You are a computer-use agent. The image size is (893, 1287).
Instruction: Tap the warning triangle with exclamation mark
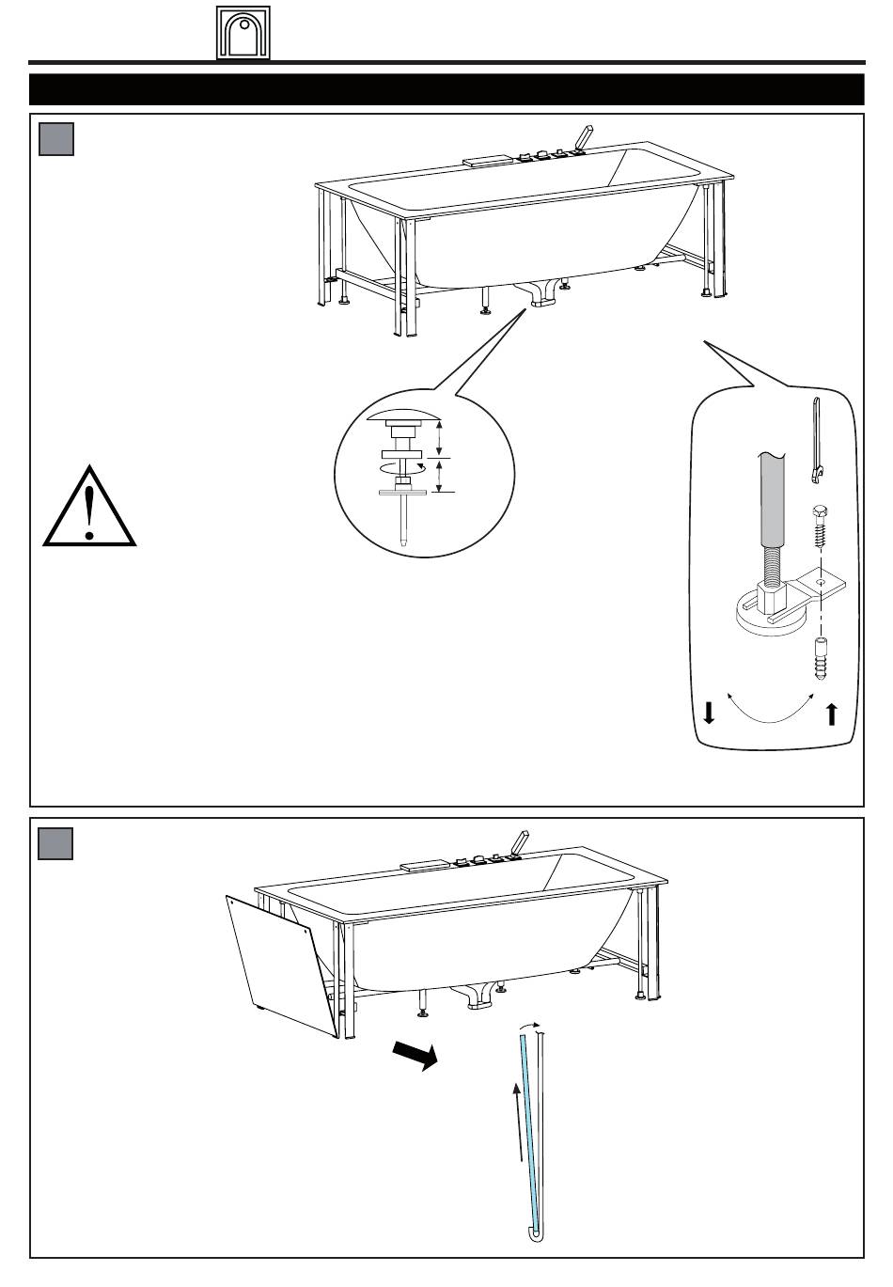(x=89, y=508)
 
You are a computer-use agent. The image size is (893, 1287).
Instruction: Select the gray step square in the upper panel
(x=56, y=139)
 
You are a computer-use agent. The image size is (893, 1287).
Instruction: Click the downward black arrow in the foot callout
(x=709, y=713)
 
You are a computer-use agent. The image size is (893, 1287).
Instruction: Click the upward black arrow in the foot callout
(x=831, y=714)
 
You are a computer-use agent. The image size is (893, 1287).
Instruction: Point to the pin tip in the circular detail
(x=403, y=539)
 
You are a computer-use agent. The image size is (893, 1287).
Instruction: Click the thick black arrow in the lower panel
(x=415, y=1055)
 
